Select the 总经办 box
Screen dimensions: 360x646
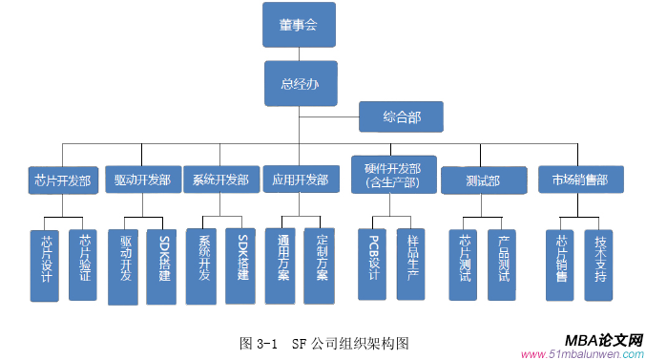[300, 84]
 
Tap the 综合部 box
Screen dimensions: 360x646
[401, 117]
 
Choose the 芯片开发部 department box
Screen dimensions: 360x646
[63, 180]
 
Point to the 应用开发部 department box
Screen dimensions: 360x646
[300, 180]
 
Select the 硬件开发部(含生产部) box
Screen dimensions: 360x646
[393, 176]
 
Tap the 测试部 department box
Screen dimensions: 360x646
[484, 180]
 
